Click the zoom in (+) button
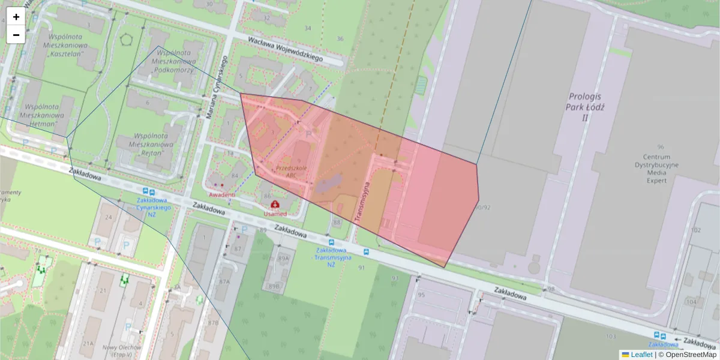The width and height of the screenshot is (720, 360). [16, 17]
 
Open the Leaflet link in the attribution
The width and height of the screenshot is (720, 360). [641, 354]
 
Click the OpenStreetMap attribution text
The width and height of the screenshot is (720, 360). [691, 354]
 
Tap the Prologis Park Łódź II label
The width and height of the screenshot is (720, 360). [585, 107]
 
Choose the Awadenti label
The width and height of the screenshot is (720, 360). [222, 195]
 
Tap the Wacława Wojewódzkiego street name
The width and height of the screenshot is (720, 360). [286, 49]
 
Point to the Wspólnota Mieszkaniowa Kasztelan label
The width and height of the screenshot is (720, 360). [65, 45]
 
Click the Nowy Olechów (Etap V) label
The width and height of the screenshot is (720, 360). [121, 351]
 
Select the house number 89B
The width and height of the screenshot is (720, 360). [274, 286]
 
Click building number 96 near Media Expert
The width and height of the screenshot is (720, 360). [661, 146]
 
